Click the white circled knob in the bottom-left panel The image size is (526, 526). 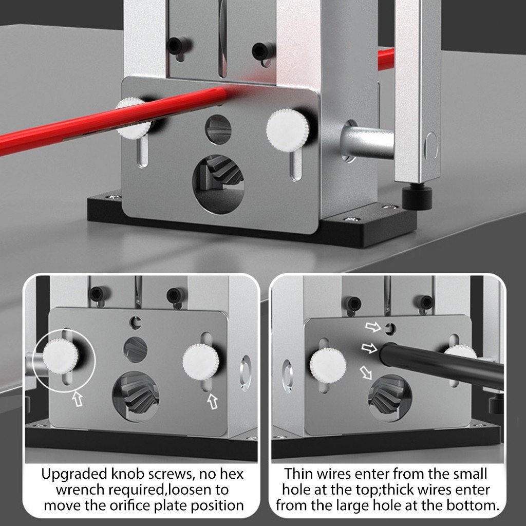pyautogui.click(x=61, y=356)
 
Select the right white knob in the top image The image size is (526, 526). pyautogui.click(x=288, y=130)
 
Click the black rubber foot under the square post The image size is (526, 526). pyautogui.click(x=417, y=198)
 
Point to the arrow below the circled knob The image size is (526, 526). pyautogui.click(x=78, y=399)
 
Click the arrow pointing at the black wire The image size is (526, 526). pyautogui.click(x=369, y=348)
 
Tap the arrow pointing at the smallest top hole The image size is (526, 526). pyautogui.click(x=373, y=327)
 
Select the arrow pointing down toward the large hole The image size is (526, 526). pyautogui.click(x=366, y=372)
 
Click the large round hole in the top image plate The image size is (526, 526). pyautogui.click(x=218, y=184)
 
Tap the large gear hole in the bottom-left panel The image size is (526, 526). pyautogui.click(x=136, y=397)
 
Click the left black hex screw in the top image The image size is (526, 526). pyautogui.click(x=176, y=45)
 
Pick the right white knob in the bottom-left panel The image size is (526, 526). pyautogui.click(x=201, y=362)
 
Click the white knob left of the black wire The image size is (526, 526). pyautogui.click(x=327, y=366)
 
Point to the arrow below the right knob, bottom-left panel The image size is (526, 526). pyautogui.click(x=213, y=401)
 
